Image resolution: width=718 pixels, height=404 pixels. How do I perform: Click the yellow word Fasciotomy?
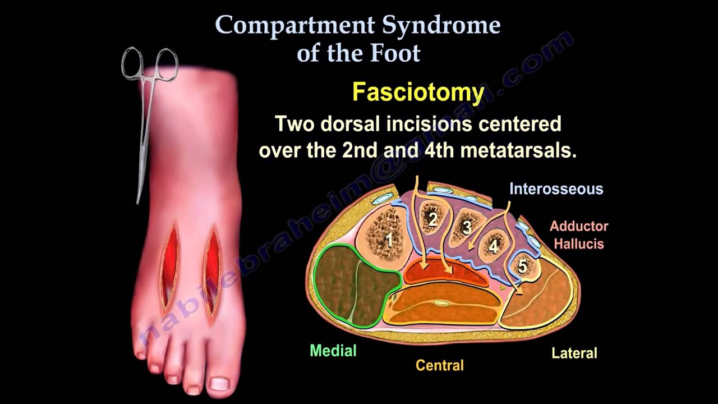coord(418,93)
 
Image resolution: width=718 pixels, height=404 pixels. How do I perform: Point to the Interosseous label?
coord(556,189)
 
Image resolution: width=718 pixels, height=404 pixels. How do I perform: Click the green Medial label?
coord(333,351)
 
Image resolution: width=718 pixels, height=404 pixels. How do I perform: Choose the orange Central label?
coord(439,366)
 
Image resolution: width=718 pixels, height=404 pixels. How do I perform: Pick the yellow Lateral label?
coord(574,353)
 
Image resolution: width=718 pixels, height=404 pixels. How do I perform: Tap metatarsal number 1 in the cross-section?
coord(388,241)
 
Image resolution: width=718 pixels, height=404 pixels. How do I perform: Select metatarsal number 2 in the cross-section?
coord(432,219)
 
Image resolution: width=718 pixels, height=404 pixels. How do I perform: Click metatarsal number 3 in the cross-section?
coord(467,227)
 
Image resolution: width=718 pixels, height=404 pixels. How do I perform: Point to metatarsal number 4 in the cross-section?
coord(494,246)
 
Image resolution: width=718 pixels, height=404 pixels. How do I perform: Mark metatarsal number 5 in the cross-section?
coord(522,266)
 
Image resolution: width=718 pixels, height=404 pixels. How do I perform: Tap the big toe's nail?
coord(218,384)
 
